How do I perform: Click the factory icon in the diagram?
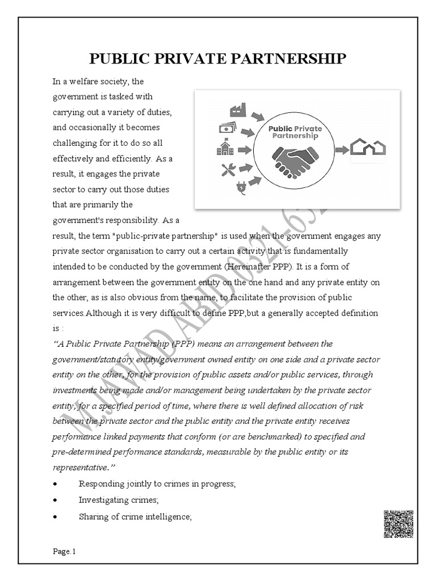pyautogui.click(x=238, y=110)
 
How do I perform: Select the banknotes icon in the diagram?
pyautogui.click(x=228, y=128)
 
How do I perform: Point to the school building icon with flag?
pyautogui.click(x=225, y=149)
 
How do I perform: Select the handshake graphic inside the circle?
pyautogui.click(x=295, y=162)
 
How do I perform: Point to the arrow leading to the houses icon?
pyautogui.click(x=341, y=150)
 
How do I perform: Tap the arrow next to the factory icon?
pyautogui.click(x=258, y=116)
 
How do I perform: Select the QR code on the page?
pyautogui.click(x=398, y=524)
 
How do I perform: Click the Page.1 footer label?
pyautogui.click(x=64, y=551)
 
